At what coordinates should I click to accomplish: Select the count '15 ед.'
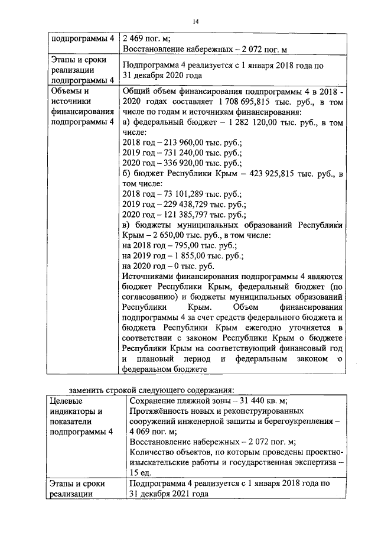point(140,473)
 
